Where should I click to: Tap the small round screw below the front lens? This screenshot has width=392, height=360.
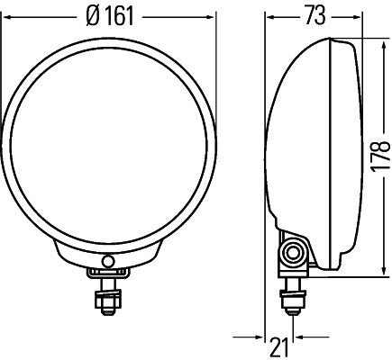coord(110,261)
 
